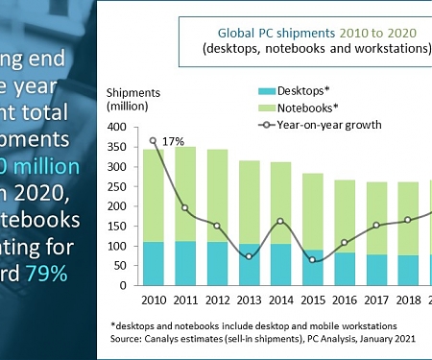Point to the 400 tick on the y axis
pos(118,127)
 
